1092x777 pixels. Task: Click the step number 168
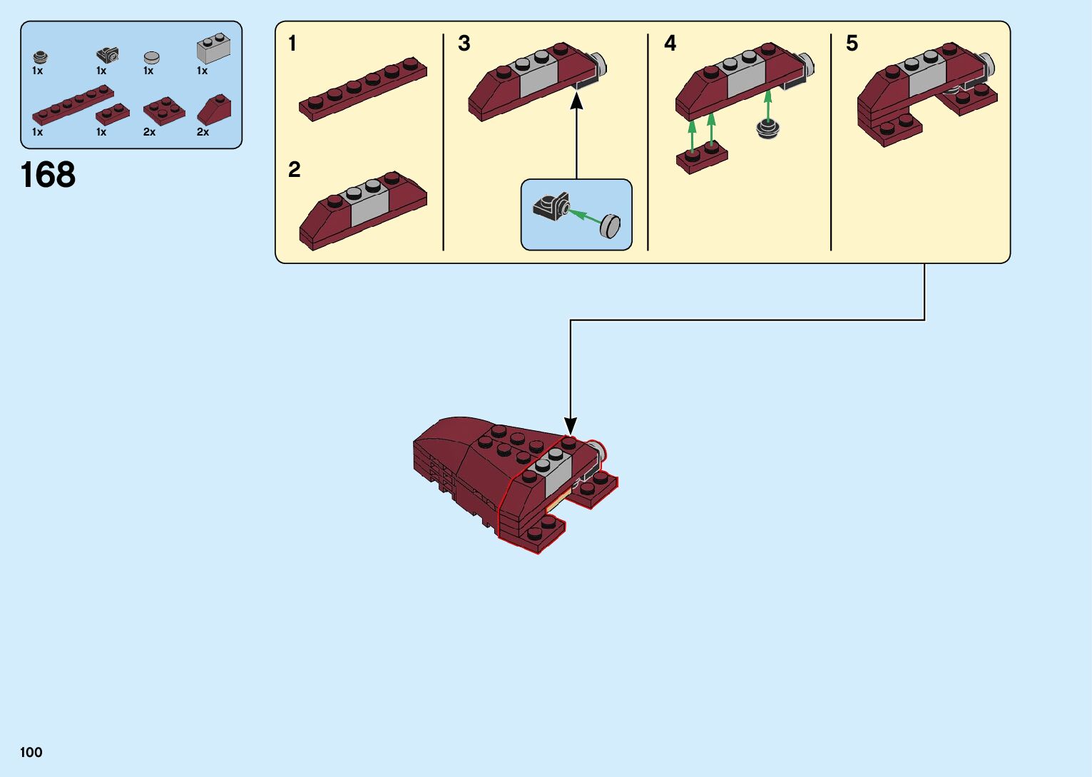(x=48, y=175)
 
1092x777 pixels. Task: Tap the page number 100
(x=31, y=752)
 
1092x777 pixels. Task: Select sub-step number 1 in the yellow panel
(x=292, y=44)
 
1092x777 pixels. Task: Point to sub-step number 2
(x=295, y=169)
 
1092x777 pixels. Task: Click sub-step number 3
(x=464, y=44)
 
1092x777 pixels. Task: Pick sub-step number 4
(x=670, y=44)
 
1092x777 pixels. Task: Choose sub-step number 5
(x=852, y=44)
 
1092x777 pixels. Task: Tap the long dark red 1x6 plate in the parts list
(x=72, y=105)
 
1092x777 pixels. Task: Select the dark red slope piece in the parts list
(x=214, y=110)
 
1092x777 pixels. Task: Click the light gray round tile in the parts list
(x=151, y=57)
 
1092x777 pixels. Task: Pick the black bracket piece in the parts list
(x=108, y=55)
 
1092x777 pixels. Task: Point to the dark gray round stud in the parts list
(x=40, y=57)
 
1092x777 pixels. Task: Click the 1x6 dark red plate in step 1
(x=363, y=88)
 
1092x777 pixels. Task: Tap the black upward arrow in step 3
(x=576, y=136)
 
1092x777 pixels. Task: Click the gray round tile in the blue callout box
(x=611, y=225)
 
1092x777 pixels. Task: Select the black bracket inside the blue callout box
(x=551, y=206)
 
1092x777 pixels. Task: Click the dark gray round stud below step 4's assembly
(x=767, y=129)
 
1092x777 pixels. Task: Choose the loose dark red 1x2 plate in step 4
(x=702, y=158)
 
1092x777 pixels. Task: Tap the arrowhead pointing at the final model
(x=570, y=425)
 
